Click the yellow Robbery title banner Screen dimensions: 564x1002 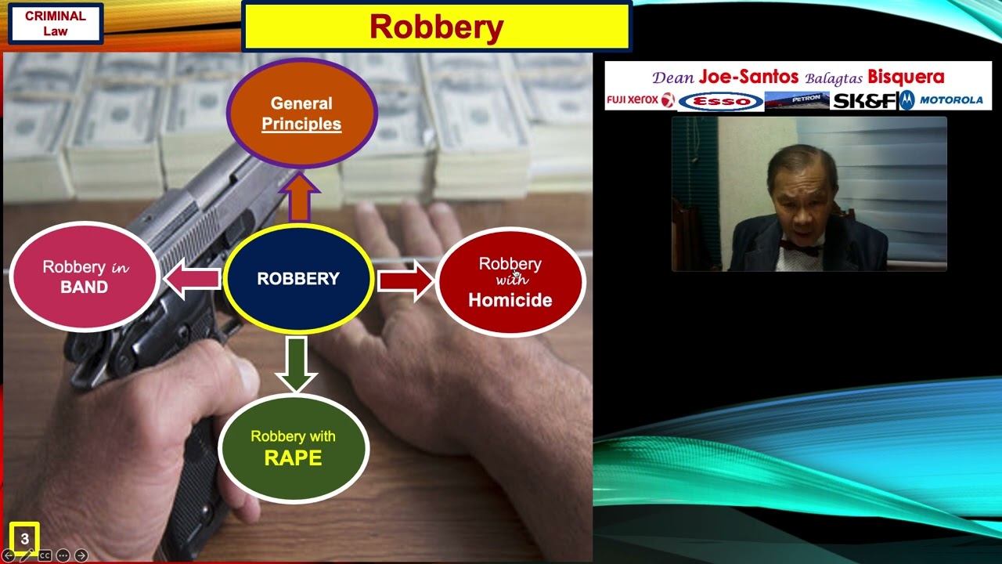(436, 27)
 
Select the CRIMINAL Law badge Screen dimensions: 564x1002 (55, 23)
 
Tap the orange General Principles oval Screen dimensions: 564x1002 (301, 114)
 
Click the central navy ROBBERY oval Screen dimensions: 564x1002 (297, 279)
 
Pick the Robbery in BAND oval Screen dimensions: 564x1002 (85, 277)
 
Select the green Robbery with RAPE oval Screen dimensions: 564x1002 (293, 448)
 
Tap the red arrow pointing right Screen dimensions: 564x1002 (405, 280)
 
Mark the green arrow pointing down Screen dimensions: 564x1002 (296, 363)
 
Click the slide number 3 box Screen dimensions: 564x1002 (24, 539)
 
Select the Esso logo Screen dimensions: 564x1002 (720, 101)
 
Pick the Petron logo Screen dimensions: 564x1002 (796, 100)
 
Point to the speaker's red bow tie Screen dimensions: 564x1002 (798, 251)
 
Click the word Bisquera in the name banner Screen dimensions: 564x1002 (906, 77)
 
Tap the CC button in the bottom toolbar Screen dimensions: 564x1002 (45, 555)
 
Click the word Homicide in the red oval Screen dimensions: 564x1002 (510, 300)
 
